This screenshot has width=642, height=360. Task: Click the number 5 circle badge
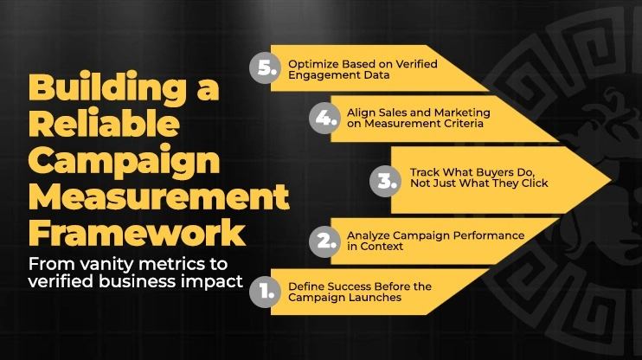pos(264,69)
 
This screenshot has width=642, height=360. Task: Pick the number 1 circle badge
pos(264,291)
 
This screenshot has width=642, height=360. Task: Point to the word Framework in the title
pos(135,233)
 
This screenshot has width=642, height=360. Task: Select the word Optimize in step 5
pos(310,63)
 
